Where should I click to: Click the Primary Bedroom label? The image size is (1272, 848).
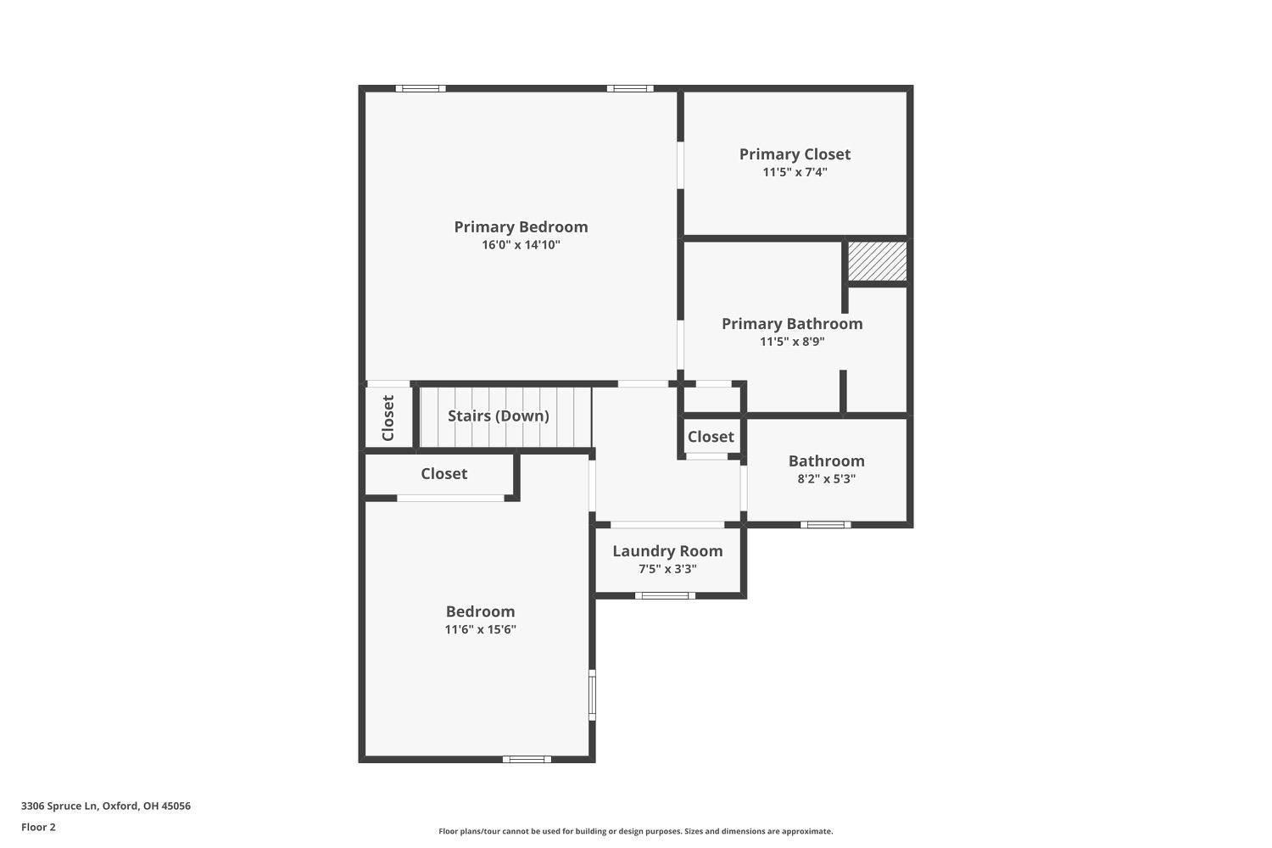(x=521, y=227)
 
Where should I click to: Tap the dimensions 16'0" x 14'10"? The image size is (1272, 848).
(x=521, y=245)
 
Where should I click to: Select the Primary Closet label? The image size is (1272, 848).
(x=795, y=154)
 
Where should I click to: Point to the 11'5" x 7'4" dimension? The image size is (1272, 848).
(x=795, y=172)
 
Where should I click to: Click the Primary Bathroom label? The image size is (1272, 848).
(x=792, y=324)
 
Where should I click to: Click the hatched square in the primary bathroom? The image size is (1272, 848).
(x=877, y=261)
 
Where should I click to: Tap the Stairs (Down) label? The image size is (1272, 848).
(x=498, y=416)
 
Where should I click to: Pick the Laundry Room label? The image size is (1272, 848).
(x=667, y=551)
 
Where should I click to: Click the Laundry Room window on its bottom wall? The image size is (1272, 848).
(x=665, y=596)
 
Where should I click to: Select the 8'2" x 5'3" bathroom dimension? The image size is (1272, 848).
(x=826, y=479)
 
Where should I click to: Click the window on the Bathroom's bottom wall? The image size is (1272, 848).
(x=826, y=525)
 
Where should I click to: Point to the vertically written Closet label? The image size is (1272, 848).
(x=388, y=418)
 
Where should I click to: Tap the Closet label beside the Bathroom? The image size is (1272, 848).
(x=711, y=437)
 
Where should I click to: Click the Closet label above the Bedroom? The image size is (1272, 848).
(x=444, y=474)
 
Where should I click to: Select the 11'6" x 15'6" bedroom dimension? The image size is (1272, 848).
(x=481, y=629)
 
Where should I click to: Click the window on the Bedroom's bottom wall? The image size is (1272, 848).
(x=527, y=760)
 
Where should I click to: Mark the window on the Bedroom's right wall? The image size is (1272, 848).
(x=592, y=695)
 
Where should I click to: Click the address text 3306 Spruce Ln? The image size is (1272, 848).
(x=59, y=806)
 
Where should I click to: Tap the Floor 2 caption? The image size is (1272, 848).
(x=38, y=827)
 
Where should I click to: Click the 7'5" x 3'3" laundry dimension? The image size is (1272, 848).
(x=667, y=569)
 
